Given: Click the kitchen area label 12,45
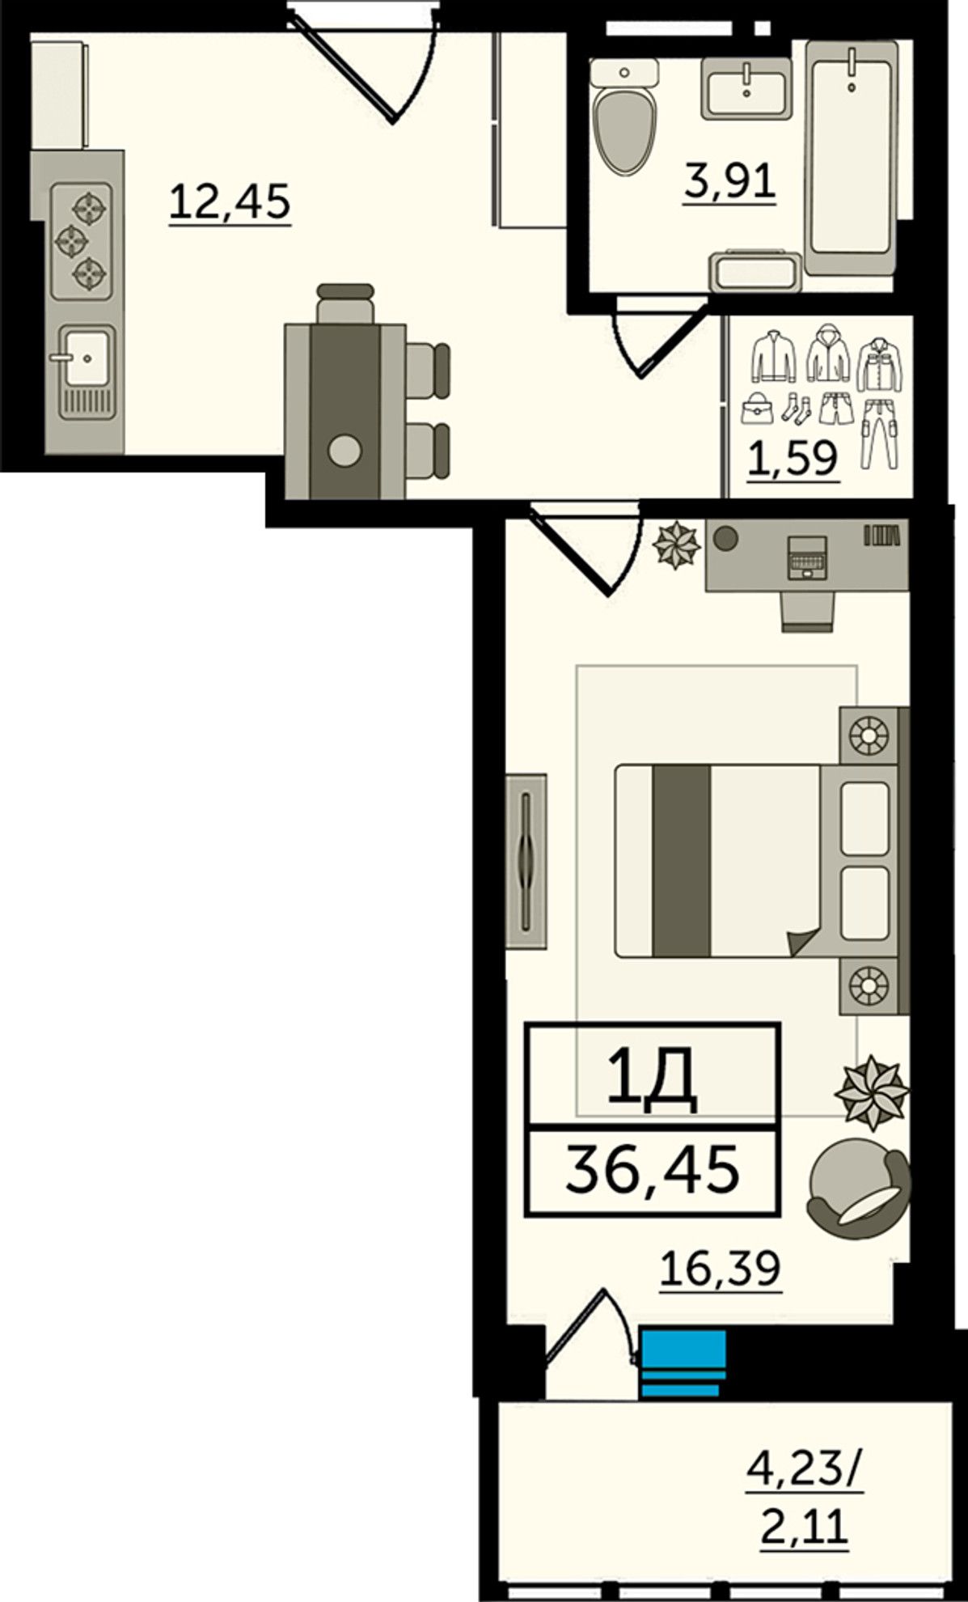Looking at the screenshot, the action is point(230,201).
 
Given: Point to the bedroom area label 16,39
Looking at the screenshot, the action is point(721,1268).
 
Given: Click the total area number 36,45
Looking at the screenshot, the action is point(653,1171).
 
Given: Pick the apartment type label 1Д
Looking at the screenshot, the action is point(653,1082).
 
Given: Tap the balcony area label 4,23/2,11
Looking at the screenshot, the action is point(805,1496).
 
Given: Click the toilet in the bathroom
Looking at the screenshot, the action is point(622,115).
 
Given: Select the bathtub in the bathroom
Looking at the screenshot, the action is point(852,159).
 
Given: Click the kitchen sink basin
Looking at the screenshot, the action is point(86,356).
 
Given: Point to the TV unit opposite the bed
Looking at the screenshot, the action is point(526,861).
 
